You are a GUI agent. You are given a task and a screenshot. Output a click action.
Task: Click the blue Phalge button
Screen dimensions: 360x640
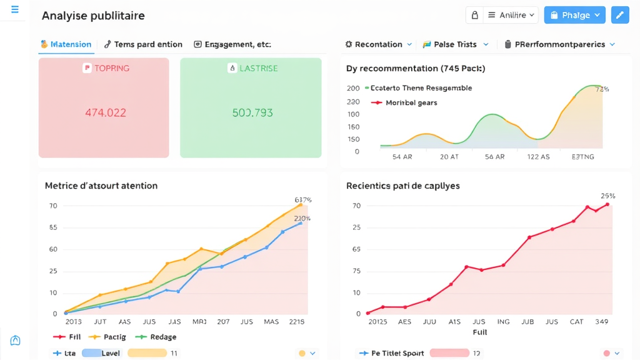(x=574, y=15)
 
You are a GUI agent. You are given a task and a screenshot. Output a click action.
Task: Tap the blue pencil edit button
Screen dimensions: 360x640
(x=620, y=15)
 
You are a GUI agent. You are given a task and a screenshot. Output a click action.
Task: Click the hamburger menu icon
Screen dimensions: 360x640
(x=15, y=9)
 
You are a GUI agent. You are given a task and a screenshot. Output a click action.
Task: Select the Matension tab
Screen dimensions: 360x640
(x=66, y=44)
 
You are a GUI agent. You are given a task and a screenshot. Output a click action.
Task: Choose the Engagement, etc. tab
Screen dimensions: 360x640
(x=232, y=44)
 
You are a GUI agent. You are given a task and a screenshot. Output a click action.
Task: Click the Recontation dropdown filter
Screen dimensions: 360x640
(x=379, y=44)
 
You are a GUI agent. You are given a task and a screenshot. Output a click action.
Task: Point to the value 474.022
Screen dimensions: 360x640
(x=106, y=113)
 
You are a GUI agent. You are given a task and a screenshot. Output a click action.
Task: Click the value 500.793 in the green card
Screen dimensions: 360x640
(x=252, y=113)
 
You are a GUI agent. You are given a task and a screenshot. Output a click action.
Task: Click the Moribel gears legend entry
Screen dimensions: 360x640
(x=411, y=102)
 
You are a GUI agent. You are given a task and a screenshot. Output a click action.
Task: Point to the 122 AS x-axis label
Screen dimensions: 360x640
(x=538, y=157)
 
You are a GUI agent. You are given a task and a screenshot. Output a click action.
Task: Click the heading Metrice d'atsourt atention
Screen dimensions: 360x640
(x=101, y=186)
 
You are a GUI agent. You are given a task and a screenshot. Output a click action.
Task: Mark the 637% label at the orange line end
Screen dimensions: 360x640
(x=303, y=200)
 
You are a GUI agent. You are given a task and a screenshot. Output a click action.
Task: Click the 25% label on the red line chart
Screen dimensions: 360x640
(x=608, y=196)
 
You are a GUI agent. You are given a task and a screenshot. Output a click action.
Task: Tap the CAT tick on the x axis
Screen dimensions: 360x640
(x=576, y=321)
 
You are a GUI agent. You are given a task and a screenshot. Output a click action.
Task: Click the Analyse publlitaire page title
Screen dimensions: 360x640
(x=93, y=16)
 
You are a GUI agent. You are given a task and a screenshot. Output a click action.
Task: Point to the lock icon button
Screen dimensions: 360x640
(x=474, y=15)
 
